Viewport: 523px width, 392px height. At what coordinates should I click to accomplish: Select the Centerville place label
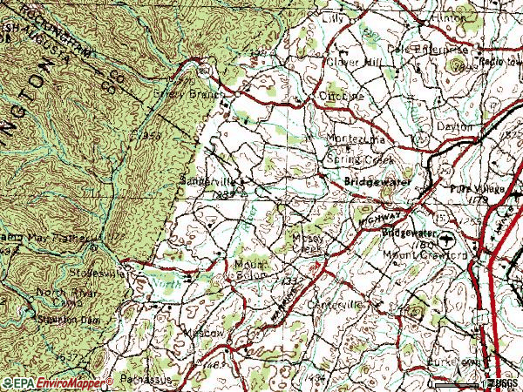tap(334, 306)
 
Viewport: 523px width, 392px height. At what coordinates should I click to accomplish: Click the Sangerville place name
tap(207, 180)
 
